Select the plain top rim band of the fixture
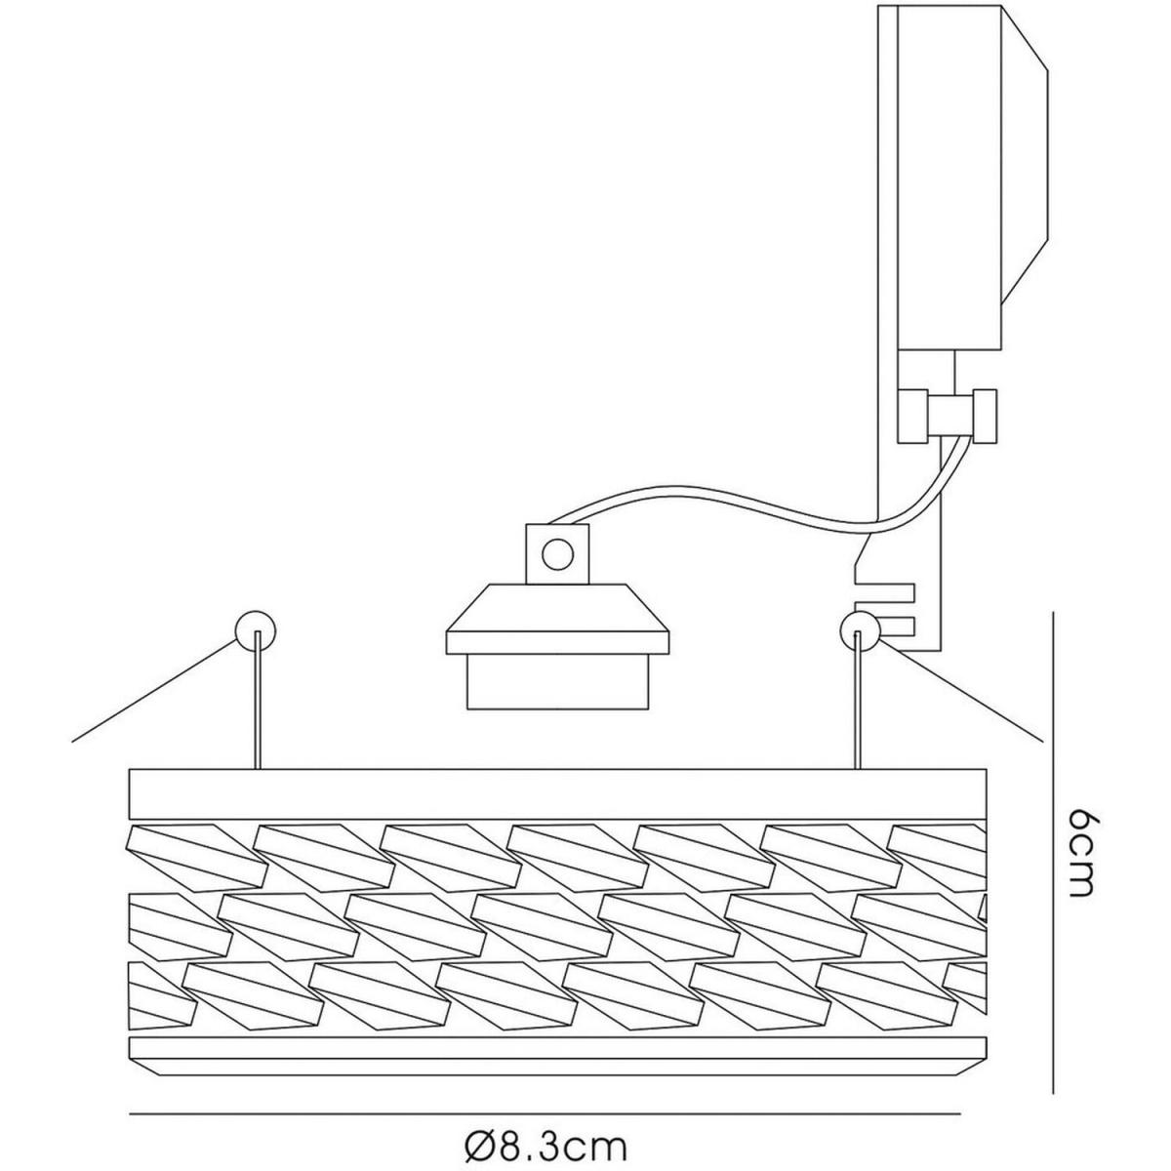[x=557, y=794]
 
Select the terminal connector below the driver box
[x=947, y=416]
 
